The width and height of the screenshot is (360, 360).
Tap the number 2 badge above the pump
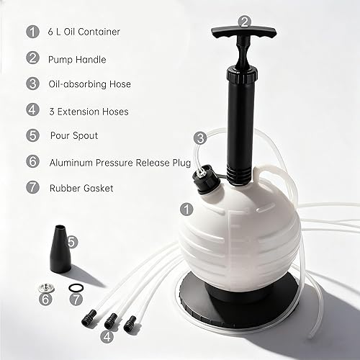[x=245, y=22]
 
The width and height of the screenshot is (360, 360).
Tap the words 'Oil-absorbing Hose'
[x=90, y=84]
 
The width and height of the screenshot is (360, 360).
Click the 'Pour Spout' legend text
[x=73, y=135]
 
